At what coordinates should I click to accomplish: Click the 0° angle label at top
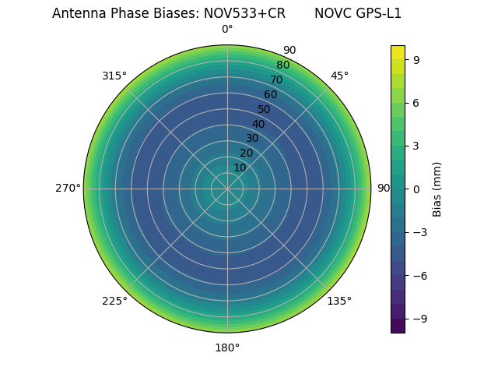pyautogui.click(x=227, y=30)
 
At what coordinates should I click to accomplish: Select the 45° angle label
pyautogui.click(x=339, y=76)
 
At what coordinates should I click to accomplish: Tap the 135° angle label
pyautogui.click(x=339, y=301)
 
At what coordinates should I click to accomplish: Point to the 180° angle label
pyautogui.click(x=227, y=348)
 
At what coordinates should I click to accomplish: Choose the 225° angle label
pyautogui.click(x=114, y=301)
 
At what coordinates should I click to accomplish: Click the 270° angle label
pyautogui.click(x=68, y=189)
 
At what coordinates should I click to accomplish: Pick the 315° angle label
pyautogui.click(x=114, y=76)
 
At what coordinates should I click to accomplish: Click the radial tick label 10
pyautogui.click(x=240, y=168)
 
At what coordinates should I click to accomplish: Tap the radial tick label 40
pyautogui.click(x=258, y=124)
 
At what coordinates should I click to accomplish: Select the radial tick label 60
pyautogui.click(x=270, y=94)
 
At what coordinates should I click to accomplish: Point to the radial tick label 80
pyautogui.click(x=282, y=65)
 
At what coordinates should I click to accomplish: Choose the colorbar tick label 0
pyautogui.click(x=417, y=189)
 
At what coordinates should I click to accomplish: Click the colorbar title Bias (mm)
pyautogui.click(x=437, y=189)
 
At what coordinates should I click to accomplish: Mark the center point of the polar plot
pyautogui.click(x=227, y=189)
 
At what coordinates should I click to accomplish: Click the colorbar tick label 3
pyautogui.click(x=417, y=146)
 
